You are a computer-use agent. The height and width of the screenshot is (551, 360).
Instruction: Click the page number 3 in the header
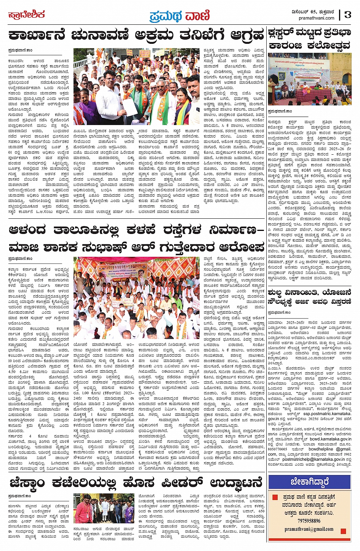pos(347,14)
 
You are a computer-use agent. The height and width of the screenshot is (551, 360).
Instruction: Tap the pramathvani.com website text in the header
pos(316,18)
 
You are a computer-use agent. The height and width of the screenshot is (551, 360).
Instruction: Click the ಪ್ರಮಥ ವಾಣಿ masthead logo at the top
pos(179,16)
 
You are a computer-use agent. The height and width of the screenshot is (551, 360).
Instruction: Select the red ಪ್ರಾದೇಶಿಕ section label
pos(26,15)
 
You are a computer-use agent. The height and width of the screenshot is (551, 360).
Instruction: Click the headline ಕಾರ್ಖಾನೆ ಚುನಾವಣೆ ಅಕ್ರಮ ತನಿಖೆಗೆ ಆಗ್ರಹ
pos(136,36)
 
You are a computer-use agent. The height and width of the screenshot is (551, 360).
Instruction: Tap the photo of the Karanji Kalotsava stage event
pos(309,79)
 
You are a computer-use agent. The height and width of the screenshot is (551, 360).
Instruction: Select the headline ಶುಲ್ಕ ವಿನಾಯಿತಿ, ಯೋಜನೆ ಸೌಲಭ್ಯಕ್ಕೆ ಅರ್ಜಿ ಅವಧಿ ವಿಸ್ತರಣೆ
pos(309,297)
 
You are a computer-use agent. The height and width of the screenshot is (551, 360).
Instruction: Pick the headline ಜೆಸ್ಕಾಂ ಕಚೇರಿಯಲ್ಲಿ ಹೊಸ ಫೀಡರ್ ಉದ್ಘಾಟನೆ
pos(136,483)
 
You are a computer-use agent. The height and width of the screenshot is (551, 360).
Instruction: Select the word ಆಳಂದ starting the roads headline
pos(27,231)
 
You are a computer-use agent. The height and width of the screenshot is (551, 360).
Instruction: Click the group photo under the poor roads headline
pos(136,298)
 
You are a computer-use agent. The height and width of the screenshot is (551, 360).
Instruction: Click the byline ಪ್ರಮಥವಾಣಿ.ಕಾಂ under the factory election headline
pos(20,50)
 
